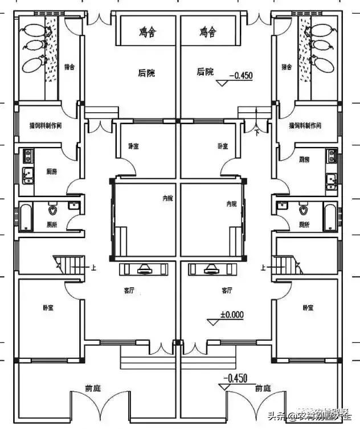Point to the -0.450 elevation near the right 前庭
pos(236,378)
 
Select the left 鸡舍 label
pos(147,32)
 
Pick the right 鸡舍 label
pos(208,32)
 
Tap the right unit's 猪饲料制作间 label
pos(305,125)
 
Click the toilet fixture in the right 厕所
pos(302,210)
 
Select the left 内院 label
pos(167,198)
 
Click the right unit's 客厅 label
pos(227,290)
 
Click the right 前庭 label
pos(263,389)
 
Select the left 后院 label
pos(146,73)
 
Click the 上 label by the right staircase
pos(263,266)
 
